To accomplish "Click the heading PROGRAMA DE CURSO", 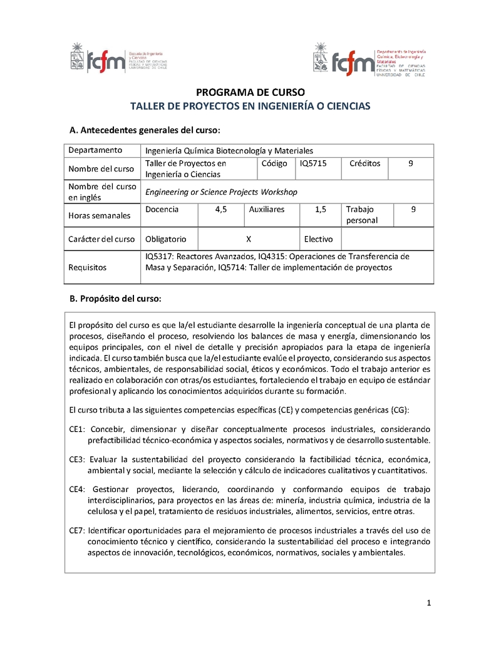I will pos(250,92).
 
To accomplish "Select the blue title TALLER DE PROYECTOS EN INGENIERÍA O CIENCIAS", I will pos(250,106).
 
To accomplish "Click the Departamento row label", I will pos(95,150).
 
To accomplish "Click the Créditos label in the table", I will pos(364,163).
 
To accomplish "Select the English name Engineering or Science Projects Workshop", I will pos(221,192).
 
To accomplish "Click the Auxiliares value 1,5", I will pos(321,210).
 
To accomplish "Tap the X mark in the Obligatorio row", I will pos(249,239).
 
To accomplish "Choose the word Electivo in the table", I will pos(319,239).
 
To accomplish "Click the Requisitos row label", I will pos(88,267).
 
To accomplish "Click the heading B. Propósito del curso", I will pos(115,299).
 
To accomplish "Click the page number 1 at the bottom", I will pos(429,603).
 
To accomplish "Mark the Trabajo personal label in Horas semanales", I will pos(362,215).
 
